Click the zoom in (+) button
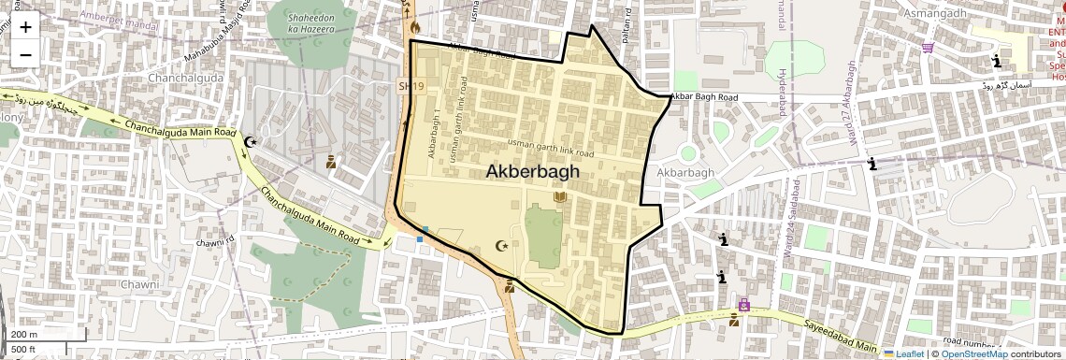(x=25, y=27)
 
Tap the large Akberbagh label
(x=532, y=172)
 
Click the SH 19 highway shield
(x=405, y=86)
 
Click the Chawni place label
(x=140, y=283)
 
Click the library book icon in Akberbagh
(x=560, y=197)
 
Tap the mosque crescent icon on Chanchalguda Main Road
(x=250, y=142)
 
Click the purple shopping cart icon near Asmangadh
(x=928, y=48)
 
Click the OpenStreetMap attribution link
(x=973, y=353)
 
